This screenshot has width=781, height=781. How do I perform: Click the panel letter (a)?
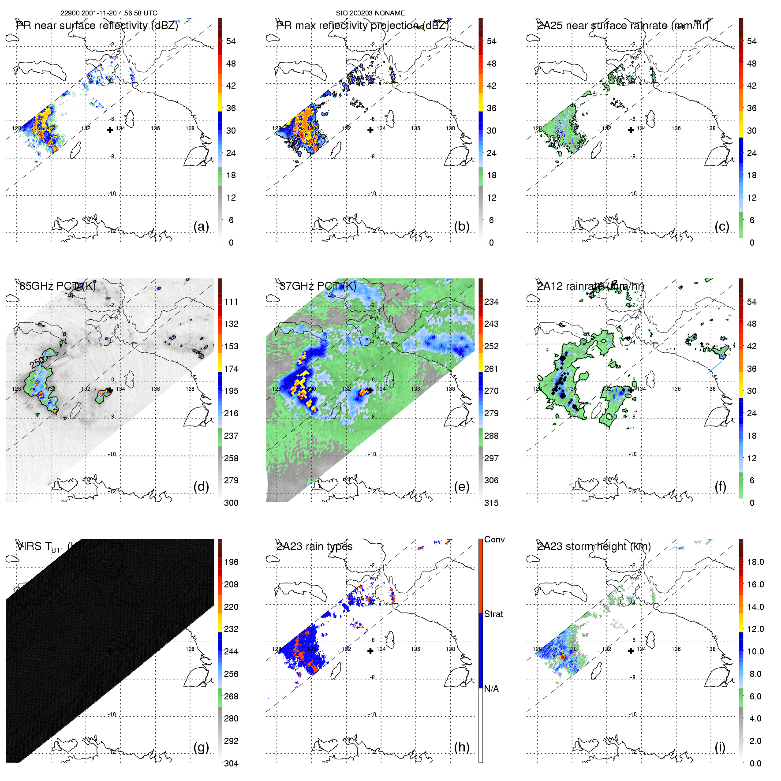point(201,227)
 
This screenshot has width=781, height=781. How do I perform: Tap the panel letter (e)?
point(461,487)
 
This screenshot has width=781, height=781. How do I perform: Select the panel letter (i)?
point(720,747)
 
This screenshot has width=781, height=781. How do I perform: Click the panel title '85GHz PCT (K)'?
point(57,286)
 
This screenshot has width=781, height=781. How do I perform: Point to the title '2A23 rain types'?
point(314,546)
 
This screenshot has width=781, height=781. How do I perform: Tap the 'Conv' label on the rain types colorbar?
point(494,539)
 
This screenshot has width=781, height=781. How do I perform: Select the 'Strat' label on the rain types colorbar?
point(493,614)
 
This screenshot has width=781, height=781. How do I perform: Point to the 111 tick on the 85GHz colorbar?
point(231,302)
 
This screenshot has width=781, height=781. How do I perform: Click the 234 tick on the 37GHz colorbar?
point(491,302)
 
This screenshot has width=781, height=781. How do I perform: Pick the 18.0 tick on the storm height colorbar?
point(755,562)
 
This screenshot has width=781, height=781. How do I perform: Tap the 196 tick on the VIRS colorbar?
point(231,562)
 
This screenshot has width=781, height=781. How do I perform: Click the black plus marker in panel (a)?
point(110,130)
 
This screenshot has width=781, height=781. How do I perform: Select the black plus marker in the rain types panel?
point(370,650)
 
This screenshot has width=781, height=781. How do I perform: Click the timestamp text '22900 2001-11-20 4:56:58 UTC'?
point(109,13)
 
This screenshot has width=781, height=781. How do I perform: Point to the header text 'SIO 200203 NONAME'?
point(370,13)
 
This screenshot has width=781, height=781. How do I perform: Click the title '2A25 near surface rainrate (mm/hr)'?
point(623,26)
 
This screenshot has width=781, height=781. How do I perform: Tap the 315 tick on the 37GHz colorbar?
point(491,503)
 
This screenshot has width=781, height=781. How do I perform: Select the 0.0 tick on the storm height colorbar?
point(755,763)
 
